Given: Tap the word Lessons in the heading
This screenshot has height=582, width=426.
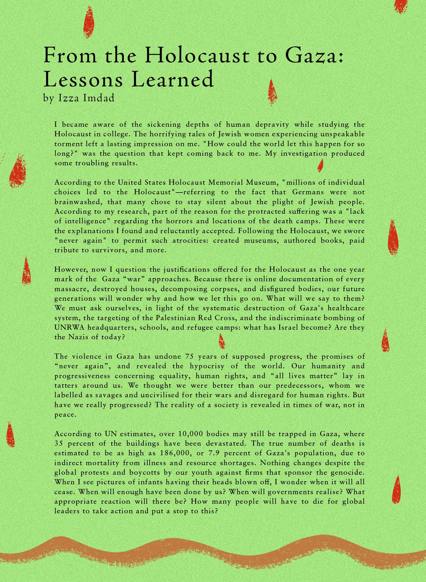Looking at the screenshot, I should (83, 79).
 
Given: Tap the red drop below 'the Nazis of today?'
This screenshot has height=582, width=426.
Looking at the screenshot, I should (222, 341).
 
